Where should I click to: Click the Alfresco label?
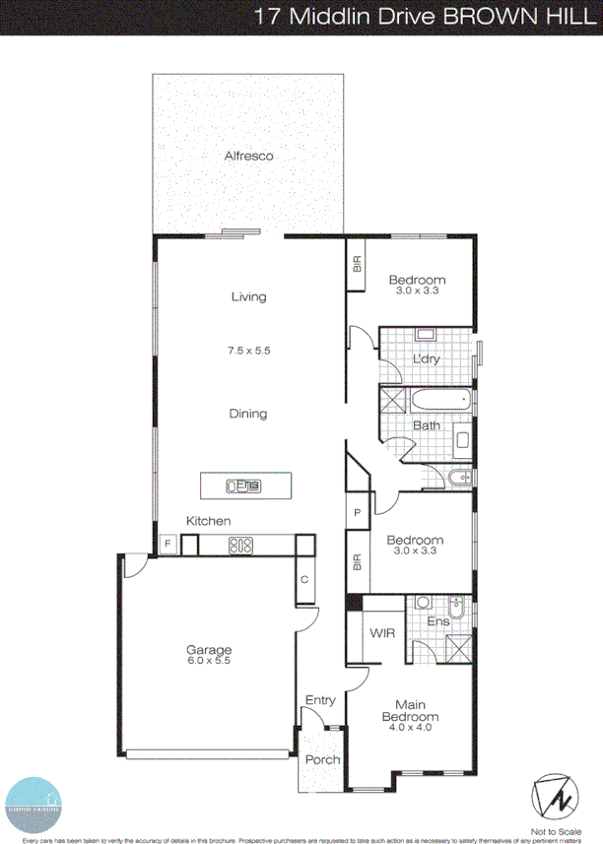[248, 156]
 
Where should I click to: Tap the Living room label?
[248, 296]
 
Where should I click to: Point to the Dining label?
[248, 414]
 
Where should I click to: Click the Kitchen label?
[209, 520]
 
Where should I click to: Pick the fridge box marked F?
[168, 544]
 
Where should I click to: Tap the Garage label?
[209, 650]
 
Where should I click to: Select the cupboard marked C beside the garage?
[304, 579]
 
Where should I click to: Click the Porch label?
[322, 759]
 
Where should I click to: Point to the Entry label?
[320, 700]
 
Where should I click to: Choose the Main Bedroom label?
[417, 710]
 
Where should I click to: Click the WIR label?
[383, 633]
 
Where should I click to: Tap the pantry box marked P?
[357, 515]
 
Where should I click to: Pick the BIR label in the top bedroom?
[357, 264]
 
